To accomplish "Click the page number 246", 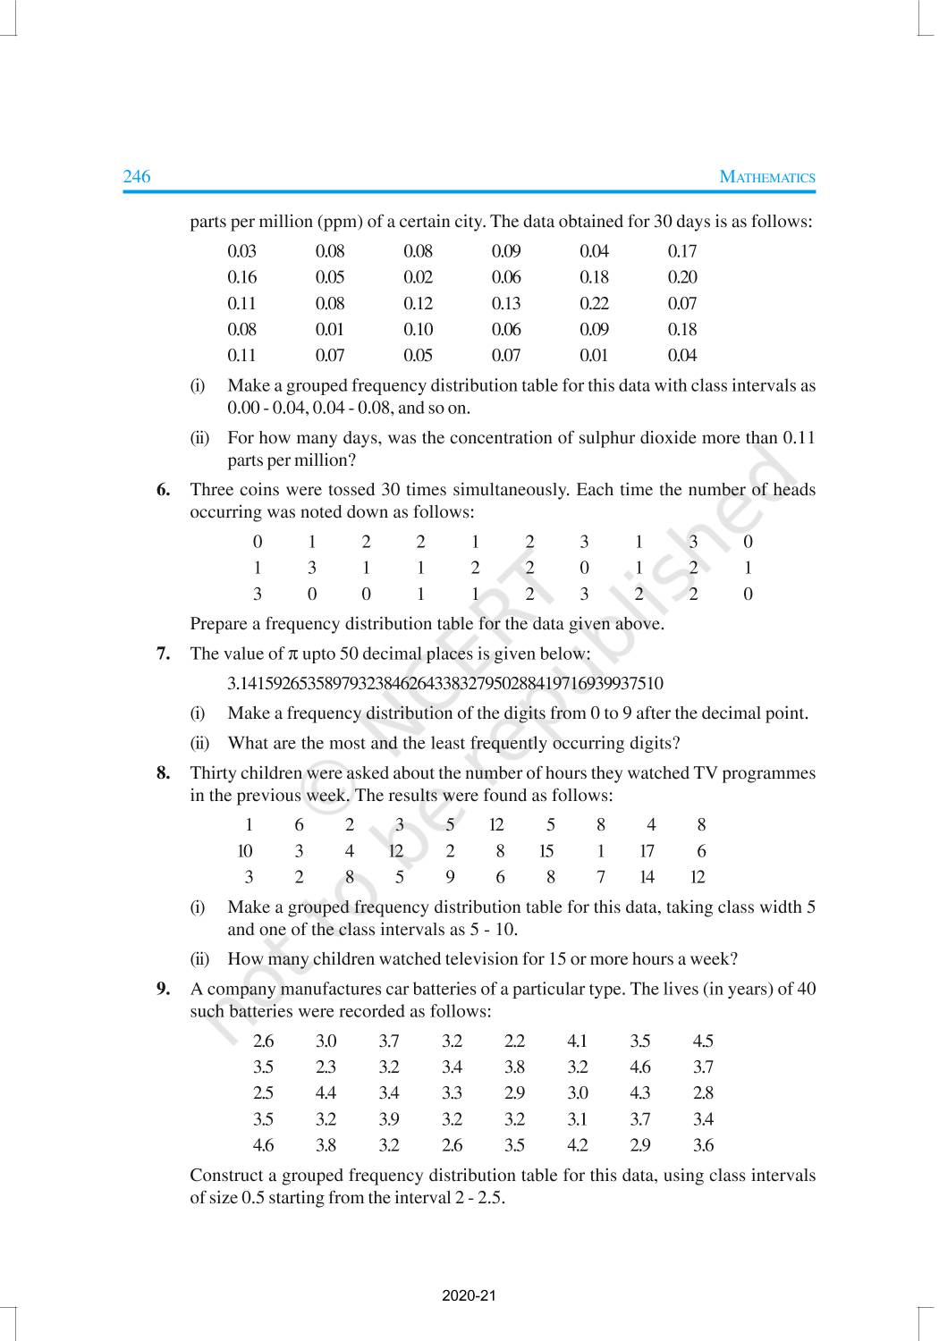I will pyautogui.click(x=137, y=176).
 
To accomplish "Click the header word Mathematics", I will pyautogui.click(x=767, y=177).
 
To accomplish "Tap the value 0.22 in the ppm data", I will pyautogui.click(x=594, y=303).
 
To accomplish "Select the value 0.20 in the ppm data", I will pyautogui.click(x=682, y=277).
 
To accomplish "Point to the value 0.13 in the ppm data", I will pyautogui.click(x=506, y=303).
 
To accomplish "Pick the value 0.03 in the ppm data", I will pyautogui.click(x=241, y=251).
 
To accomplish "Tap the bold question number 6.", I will pyautogui.click(x=163, y=490).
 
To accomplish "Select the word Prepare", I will pyautogui.click(x=220, y=624).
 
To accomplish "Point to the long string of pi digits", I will pyautogui.click(x=445, y=684).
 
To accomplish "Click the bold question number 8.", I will pyautogui.click(x=163, y=773).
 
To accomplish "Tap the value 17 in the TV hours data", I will pyautogui.click(x=647, y=851).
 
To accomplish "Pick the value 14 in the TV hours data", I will pyautogui.click(x=647, y=877).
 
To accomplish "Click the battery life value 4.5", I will pyautogui.click(x=703, y=1041).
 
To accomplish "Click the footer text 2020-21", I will pyautogui.click(x=469, y=1295).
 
